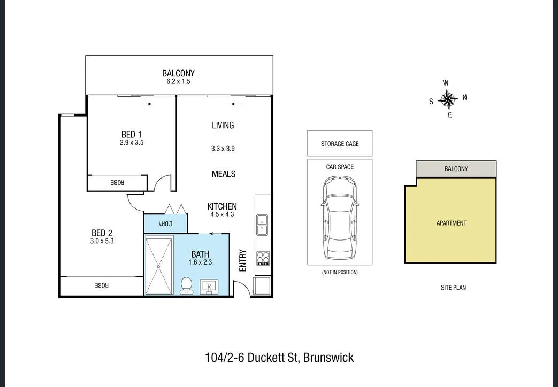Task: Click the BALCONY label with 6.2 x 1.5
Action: pos(178,74)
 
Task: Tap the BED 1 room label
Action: pos(132,134)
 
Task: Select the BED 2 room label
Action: pos(102,233)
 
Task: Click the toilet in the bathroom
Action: pos(187,285)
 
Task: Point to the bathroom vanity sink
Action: pos(209,288)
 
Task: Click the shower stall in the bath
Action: pos(159,265)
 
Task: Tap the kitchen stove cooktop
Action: pos(263,258)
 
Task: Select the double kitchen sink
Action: pos(262,225)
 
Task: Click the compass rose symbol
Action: pos(448,99)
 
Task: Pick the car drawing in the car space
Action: pos(339,218)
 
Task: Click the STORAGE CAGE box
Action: pos(340,143)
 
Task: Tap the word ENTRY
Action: pos(243,261)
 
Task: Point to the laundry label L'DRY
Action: pos(165,224)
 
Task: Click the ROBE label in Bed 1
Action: pos(117,183)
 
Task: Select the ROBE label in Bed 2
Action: pos(102,286)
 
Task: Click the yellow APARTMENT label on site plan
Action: pos(451,223)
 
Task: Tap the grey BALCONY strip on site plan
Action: pos(456,168)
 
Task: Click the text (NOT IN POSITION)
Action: pos(340,273)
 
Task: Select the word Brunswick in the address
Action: pos(328,358)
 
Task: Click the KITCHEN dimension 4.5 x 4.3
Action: pos(222,214)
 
